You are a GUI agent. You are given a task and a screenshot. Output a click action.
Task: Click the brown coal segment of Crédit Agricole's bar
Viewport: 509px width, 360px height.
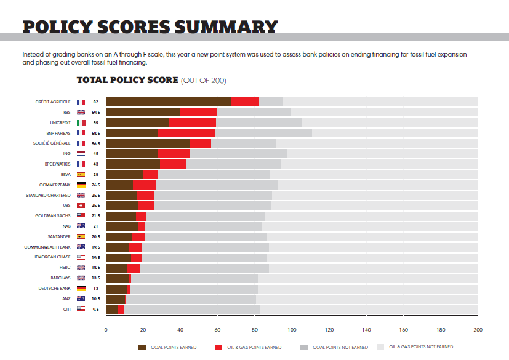(x=168, y=102)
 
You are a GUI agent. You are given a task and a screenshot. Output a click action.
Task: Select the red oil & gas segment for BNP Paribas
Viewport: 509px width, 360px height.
(x=186, y=133)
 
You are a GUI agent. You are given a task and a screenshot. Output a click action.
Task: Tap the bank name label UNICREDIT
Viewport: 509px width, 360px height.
(x=58, y=122)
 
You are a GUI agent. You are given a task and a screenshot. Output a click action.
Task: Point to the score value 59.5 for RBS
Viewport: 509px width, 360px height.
(x=96, y=112)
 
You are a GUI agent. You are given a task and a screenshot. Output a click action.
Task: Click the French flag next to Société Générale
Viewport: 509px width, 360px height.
(x=81, y=143)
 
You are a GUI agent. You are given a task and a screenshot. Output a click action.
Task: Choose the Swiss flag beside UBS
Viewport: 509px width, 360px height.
(x=81, y=206)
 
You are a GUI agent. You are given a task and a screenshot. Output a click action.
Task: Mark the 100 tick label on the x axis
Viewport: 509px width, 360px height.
(x=291, y=330)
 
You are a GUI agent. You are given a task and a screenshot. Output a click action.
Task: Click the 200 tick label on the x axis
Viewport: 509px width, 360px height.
(x=477, y=330)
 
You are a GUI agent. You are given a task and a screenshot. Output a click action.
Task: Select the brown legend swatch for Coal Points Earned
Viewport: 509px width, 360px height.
(x=143, y=348)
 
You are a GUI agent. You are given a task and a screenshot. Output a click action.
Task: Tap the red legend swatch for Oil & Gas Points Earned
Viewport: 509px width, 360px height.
(x=218, y=348)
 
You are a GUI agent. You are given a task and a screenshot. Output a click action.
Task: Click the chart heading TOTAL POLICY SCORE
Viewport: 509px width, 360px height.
(x=127, y=81)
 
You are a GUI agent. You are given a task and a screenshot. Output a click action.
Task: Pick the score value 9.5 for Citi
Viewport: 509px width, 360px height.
(x=96, y=310)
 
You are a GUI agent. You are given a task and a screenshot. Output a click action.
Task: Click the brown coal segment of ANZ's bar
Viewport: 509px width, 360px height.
(x=116, y=299)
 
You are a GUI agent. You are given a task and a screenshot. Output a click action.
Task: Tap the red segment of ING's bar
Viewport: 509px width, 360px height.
(x=174, y=154)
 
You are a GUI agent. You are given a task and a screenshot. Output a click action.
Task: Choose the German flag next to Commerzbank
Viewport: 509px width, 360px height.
(x=81, y=185)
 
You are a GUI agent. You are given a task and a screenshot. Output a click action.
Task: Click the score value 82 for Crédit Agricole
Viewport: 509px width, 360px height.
(x=96, y=102)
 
